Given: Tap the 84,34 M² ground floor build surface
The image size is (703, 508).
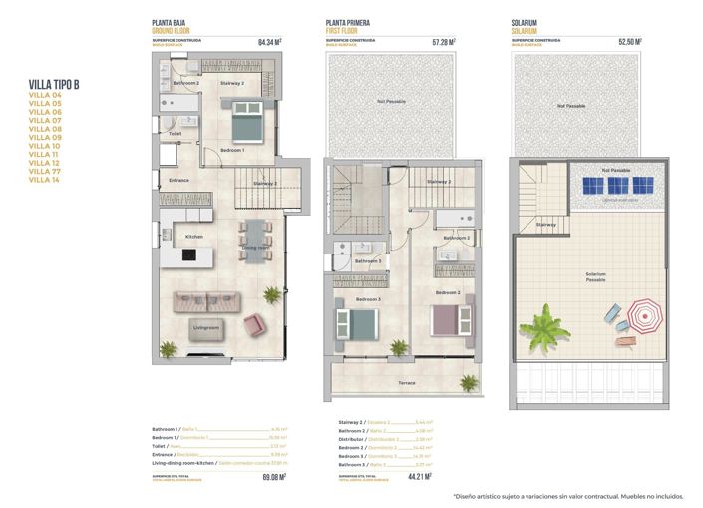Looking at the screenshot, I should [x=269, y=42].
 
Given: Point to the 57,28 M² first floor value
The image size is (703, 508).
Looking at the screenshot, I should [x=443, y=42].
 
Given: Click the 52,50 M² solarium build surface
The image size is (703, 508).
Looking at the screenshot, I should [x=629, y=42].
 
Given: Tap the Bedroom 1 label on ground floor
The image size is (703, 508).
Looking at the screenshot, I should [x=232, y=150].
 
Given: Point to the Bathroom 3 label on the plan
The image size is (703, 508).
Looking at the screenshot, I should [x=368, y=261].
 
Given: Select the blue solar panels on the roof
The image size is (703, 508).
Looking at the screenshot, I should [x=612, y=186].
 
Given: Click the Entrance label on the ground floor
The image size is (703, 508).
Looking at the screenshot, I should [x=179, y=180].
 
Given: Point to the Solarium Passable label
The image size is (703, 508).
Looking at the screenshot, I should [x=595, y=276].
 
